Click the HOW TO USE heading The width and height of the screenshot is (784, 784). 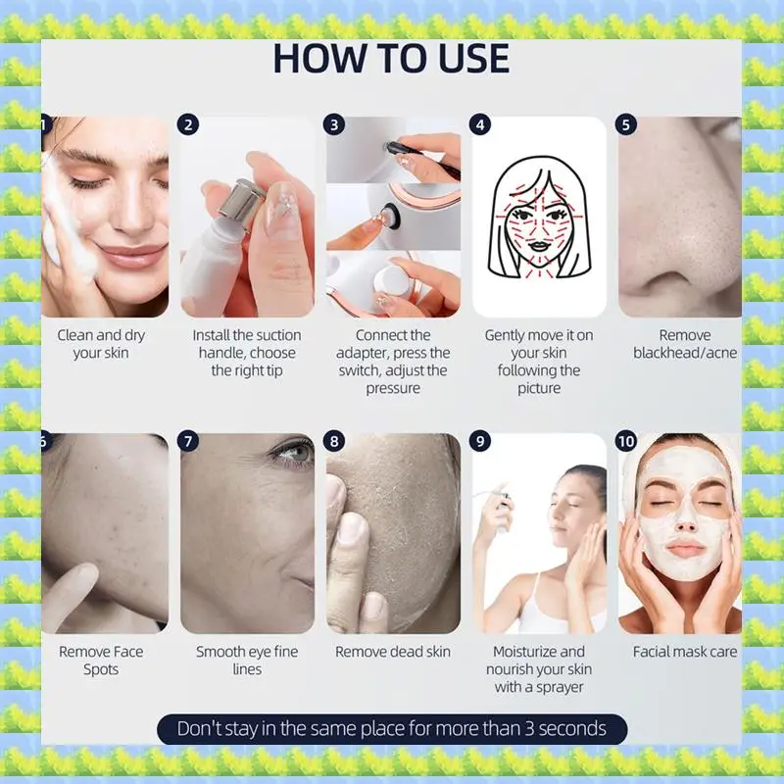pos(391,59)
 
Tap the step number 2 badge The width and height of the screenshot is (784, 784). pos(189,124)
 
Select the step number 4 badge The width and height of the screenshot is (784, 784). pos(480,124)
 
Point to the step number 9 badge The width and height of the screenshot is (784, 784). pos(480,441)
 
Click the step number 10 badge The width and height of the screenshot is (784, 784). pos(628,441)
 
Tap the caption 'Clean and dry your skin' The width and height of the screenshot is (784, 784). pos(101,344)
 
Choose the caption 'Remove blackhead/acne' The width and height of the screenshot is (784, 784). pos(684,344)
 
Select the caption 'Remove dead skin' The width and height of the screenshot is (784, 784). pos(392,652)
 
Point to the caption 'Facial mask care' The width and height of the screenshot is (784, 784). pos(684,652)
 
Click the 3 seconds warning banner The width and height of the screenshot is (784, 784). pos(391,729)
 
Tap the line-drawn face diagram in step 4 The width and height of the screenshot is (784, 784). pos(539,218)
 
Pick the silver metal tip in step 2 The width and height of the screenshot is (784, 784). pos(236,202)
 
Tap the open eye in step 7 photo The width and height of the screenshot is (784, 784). pos(290,452)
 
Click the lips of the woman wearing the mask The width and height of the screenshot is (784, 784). pos(685,550)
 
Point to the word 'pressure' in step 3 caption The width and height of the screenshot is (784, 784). pos(392,388)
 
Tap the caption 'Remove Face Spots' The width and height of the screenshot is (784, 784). pos(101,661)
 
